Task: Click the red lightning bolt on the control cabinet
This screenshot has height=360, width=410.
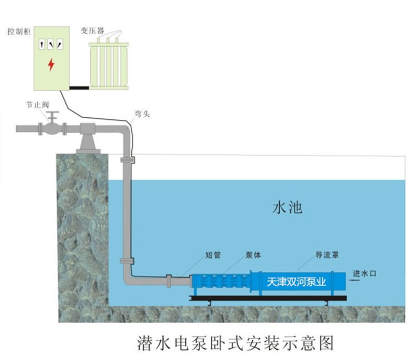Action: (50, 65)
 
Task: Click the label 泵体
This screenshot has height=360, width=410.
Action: (253, 255)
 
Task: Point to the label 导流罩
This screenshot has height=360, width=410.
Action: (327, 255)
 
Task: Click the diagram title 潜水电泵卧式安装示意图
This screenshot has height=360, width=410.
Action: (234, 342)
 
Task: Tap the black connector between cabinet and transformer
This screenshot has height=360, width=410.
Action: (80, 88)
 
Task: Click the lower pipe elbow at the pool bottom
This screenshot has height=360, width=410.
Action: (129, 275)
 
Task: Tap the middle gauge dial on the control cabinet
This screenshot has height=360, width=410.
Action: (51, 46)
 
